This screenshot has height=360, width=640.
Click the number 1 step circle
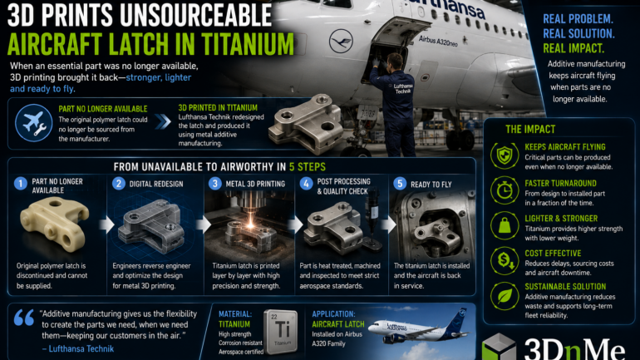point(21,184)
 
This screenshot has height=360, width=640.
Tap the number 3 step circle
point(214,183)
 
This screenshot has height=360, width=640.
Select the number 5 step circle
point(400,184)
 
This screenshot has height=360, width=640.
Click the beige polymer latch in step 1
point(54,222)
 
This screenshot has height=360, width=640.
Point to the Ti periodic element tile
point(281,332)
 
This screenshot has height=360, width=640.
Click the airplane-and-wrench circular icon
point(34,122)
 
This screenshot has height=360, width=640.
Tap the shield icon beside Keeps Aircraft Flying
point(505,155)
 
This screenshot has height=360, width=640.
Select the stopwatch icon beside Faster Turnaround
point(505,190)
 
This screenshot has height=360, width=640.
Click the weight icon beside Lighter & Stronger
point(505,225)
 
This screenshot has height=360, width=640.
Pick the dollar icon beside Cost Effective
point(505,260)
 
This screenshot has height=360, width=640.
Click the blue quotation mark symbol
point(23,318)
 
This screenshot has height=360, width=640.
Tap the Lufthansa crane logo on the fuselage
point(341,41)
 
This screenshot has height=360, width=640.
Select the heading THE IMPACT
point(530,130)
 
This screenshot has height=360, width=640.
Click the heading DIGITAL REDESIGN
point(156,184)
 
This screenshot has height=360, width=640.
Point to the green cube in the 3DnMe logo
point(499,347)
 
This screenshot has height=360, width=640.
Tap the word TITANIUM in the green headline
point(248,44)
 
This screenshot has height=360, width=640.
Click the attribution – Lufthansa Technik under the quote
point(77,349)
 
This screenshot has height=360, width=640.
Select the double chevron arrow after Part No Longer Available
point(163,121)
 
